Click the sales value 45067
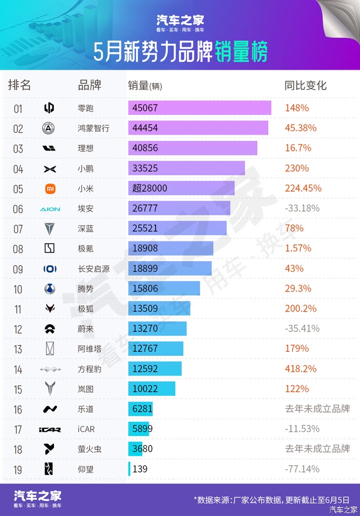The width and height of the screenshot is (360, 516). (x=145, y=108)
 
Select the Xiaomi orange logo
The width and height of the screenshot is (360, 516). (x=49, y=188)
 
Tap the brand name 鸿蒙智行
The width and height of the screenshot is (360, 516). (x=93, y=128)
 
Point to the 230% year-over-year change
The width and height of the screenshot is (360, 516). (x=297, y=168)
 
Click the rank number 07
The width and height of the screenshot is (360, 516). (x=18, y=229)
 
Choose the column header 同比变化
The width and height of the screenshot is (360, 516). (x=305, y=85)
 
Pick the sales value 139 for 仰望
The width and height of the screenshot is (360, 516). (x=140, y=468)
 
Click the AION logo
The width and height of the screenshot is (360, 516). (x=49, y=208)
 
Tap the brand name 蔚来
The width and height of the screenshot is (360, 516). (x=85, y=329)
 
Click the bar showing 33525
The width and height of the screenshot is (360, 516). (x=186, y=168)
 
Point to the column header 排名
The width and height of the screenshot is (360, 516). (x=19, y=85)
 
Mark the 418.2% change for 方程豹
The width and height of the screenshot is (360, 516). (x=301, y=369)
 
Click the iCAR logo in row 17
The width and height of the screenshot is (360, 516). (x=49, y=429)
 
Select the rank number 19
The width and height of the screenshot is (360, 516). (x=18, y=469)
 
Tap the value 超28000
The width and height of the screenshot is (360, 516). (x=150, y=188)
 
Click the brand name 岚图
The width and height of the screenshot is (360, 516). (x=85, y=389)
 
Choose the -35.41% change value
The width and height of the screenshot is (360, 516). (x=303, y=329)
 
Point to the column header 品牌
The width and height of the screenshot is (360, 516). (x=89, y=85)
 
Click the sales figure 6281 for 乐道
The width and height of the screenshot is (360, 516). (x=142, y=409)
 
